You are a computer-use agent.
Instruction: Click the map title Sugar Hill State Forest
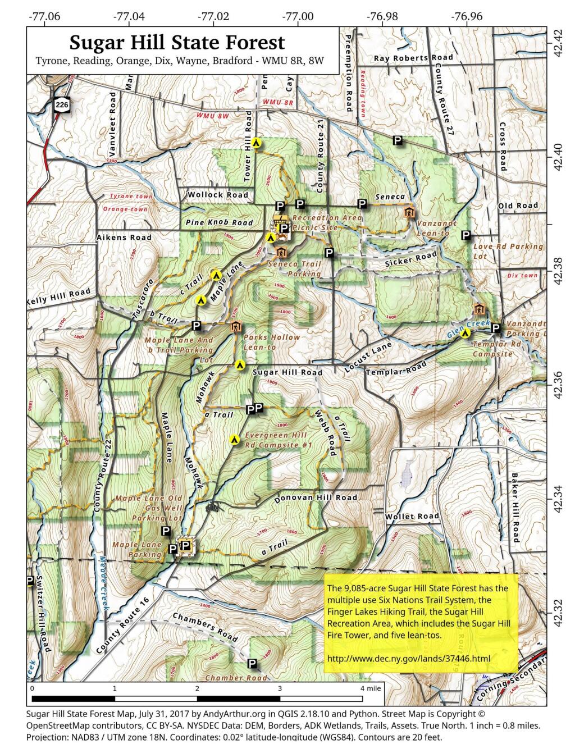[177, 43]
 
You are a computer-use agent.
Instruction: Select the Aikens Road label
[124, 238]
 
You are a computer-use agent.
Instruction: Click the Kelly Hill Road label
[59, 298]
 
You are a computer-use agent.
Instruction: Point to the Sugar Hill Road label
[287, 372]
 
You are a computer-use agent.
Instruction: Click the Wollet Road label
[412, 516]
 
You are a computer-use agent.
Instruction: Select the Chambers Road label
[205, 626]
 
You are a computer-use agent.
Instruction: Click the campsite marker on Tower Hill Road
[257, 143]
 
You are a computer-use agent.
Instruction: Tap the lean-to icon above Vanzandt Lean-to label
[409, 212]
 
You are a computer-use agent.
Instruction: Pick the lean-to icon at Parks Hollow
[235, 327]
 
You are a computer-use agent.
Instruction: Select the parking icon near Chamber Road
[252, 664]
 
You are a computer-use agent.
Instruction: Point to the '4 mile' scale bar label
[371, 688]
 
